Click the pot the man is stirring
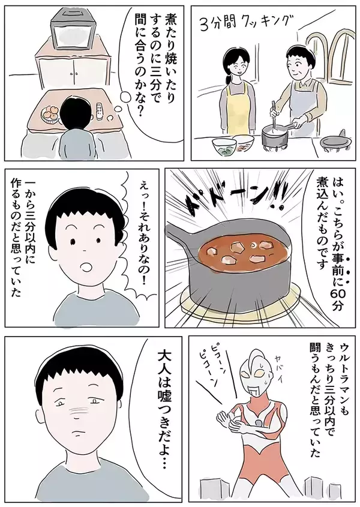[277, 136]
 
